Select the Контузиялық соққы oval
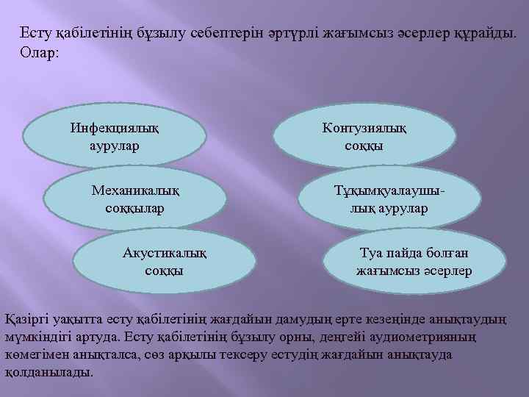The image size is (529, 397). coord(363,136)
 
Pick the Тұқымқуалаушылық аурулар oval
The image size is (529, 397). coord(389,199)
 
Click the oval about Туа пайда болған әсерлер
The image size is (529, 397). coord(414,262)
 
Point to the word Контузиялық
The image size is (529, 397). coord(364,126)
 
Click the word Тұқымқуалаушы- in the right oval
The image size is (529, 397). coord(389,190)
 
